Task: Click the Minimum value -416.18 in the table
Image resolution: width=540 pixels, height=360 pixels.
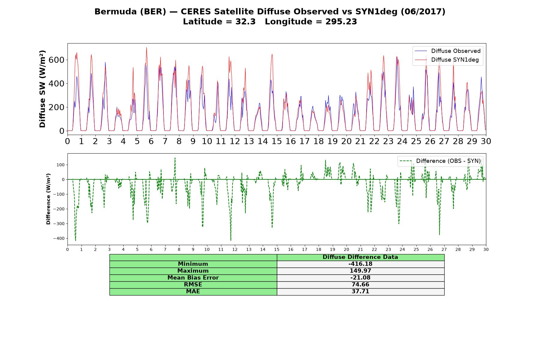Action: point(360,264)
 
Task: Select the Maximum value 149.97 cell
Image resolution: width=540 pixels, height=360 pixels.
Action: point(360,271)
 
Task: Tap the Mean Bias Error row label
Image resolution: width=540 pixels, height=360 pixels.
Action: point(193,278)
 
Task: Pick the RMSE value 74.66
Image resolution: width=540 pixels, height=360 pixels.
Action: point(360,285)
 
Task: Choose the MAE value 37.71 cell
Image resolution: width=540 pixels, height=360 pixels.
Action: point(360,292)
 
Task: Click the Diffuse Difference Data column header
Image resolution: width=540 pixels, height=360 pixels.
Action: point(360,257)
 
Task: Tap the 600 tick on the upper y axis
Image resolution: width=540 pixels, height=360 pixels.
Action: point(56,60)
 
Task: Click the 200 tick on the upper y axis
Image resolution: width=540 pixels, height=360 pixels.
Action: point(56,107)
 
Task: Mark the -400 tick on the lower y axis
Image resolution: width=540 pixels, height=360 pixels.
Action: point(59,238)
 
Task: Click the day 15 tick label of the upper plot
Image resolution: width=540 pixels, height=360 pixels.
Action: point(277,141)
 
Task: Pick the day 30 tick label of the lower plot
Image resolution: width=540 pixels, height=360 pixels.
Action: point(486,249)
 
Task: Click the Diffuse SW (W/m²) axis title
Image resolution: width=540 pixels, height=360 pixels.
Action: point(43,89)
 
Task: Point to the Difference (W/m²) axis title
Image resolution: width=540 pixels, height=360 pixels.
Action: point(48,199)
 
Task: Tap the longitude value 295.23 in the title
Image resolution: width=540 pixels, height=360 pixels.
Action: point(341,22)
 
